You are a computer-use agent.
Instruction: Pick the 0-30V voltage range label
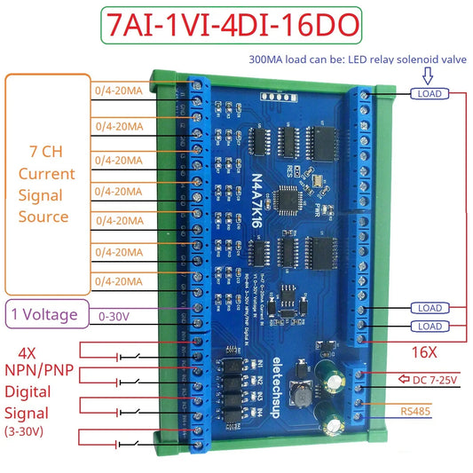pyautogui.click(x=114, y=313)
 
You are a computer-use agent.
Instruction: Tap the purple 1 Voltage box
pyautogui.click(x=47, y=313)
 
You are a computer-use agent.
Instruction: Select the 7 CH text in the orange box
pyautogui.click(x=46, y=153)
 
